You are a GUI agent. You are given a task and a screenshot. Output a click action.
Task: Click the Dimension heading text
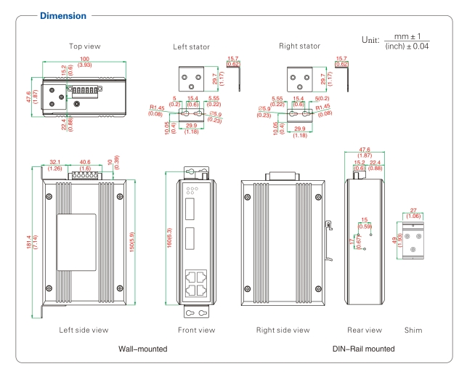coord(62,16)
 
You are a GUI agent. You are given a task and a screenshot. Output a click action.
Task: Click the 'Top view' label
coord(85,46)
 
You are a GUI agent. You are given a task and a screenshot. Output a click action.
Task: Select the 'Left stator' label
coord(191,47)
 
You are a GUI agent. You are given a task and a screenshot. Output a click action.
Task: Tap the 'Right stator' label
coord(299,46)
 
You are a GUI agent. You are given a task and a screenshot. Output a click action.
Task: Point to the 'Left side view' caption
coord(84,330)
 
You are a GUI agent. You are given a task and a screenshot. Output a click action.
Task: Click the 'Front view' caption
coord(197,330)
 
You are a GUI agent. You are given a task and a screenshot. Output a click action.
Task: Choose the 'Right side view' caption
coord(283,330)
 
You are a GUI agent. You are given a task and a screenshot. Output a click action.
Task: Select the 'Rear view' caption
coord(365,330)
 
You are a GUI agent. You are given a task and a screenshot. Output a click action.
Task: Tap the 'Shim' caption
coord(413,330)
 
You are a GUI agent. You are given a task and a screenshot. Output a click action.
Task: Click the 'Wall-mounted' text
coord(142,349)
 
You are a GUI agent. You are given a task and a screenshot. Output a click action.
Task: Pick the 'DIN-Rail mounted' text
coord(364,349)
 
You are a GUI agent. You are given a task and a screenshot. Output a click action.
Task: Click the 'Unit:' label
coord(372,41)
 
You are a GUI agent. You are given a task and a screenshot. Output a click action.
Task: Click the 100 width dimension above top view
coord(85,58)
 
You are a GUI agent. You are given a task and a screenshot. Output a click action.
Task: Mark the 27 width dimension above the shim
coord(413,211)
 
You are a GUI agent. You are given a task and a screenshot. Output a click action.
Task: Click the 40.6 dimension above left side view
coord(85,163)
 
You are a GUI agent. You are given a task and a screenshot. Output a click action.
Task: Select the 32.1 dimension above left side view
coord(54,163)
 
